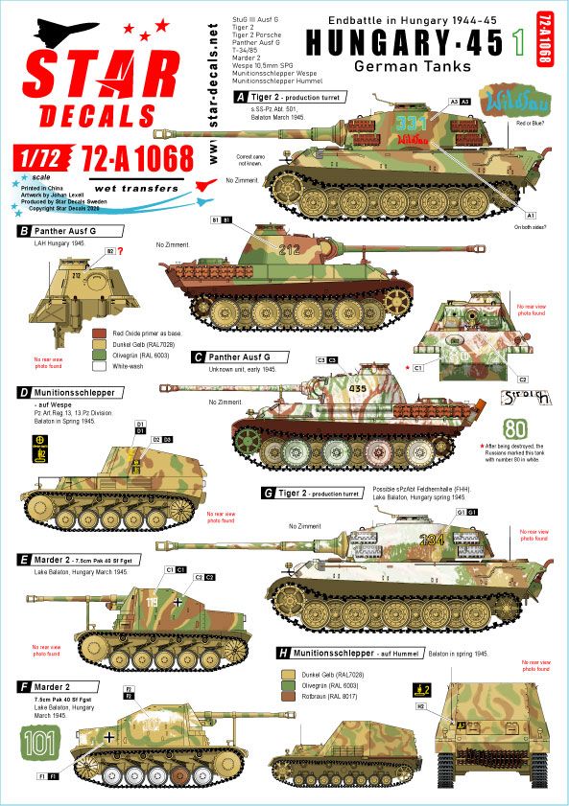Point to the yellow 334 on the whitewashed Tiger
click(433, 539)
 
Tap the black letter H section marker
click(281, 653)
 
